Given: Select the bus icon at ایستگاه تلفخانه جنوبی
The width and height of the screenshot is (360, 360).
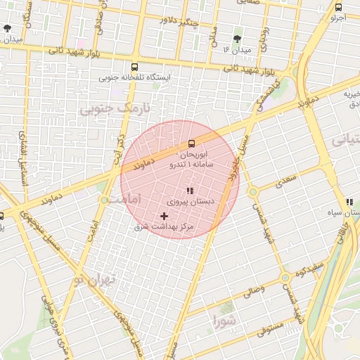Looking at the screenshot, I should pyautogui.click(x=135, y=67).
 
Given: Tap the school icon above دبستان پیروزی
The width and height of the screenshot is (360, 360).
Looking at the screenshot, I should pyautogui.click(x=189, y=191).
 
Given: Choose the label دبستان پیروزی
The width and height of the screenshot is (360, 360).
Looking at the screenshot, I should pyautogui.click(x=189, y=201).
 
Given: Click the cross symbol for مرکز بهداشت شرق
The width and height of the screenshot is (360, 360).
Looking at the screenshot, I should pyautogui.click(x=165, y=215).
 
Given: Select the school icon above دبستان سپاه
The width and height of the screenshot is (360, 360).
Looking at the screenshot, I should pyautogui.click(x=349, y=202).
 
